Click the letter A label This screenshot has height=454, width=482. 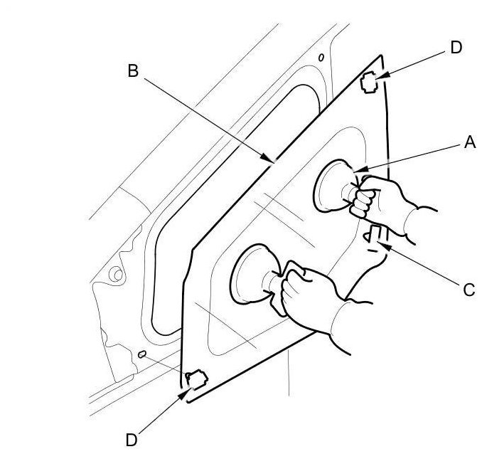pyautogui.click(x=468, y=143)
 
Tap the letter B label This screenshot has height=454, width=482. pyautogui.click(x=132, y=70)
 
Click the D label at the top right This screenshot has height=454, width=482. pyautogui.click(x=456, y=47)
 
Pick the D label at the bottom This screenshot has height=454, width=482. pyautogui.click(x=133, y=433)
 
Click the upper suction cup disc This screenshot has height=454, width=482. pyautogui.click(x=328, y=186)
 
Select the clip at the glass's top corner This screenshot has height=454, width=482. pyautogui.click(x=369, y=84)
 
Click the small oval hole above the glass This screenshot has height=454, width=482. pyautogui.click(x=322, y=57)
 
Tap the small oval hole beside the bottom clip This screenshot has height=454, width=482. pyautogui.click(x=142, y=353)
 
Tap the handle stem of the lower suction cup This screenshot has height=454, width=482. pyautogui.click(x=274, y=282)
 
